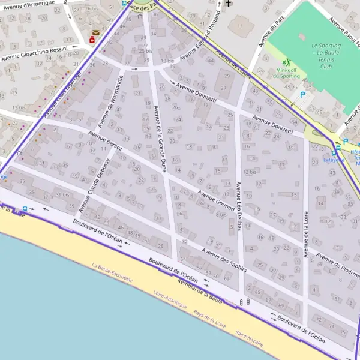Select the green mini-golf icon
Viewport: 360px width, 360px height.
(x=287, y=62)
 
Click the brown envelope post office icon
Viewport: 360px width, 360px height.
(x=95, y=32)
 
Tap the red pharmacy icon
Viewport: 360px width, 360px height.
(x=92, y=40)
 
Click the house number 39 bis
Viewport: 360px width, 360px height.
(x=62, y=195)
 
